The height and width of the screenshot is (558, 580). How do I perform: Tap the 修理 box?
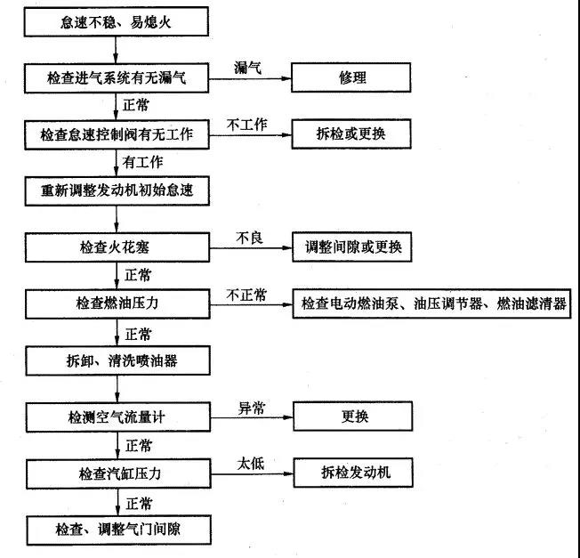pyautogui.click(x=352, y=77)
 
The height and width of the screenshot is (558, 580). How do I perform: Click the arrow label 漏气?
pyautogui.click(x=247, y=68)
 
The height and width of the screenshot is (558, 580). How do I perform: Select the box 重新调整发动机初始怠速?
pyautogui.click(x=117, y=190)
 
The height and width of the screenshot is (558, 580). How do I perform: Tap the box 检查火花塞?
pyautogui.click(x=117, y=247)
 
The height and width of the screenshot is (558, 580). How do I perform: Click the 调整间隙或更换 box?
pyautogui.click(x=352, y=247)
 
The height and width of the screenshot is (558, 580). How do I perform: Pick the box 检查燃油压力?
pyautogui.click(x=117, y=303)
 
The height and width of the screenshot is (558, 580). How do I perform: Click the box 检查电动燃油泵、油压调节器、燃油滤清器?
pyautogui.click(x=434, y=303)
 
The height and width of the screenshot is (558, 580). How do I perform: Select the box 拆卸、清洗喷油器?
pyautogui.click(x=117, y=360)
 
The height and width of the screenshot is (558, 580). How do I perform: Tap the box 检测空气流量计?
pyautogui.click(x=117, y=416)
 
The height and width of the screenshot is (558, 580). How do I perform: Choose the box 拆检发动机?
pyautogui.click(x=352, y=473)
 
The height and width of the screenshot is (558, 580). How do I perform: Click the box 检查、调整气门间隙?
pyautogui.click(x=117, y=530)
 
